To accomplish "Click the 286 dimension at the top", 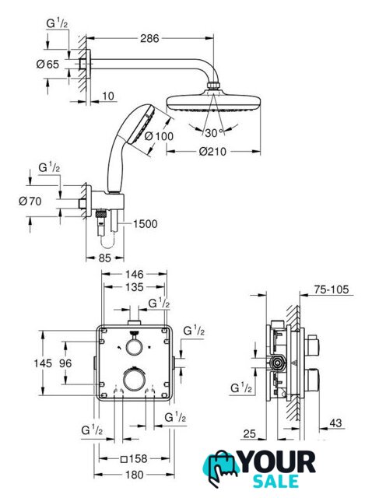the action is pos(149,38).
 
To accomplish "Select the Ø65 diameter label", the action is pos(47,65).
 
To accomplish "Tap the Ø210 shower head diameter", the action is pos(212,151).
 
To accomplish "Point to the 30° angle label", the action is pos(213,133).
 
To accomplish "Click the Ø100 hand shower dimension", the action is pos(159,136).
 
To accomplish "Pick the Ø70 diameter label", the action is pos(30,201).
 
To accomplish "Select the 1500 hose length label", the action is pos(145,224).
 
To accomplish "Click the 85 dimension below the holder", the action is pos(104,258).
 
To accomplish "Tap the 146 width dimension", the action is pos(134,274).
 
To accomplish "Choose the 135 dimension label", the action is pos(134,287).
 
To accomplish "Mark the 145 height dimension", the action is pos(43,363).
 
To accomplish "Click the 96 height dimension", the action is pos(65,363).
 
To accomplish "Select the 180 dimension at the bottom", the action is pos(134,475).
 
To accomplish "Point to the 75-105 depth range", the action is pos(331,289).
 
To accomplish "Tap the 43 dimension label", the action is pos(335,423).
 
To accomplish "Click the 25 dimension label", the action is pos(249,434).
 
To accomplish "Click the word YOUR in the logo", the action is pos(277,463).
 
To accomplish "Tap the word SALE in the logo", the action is pos(275,481).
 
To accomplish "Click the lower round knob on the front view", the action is pos(134,381).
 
